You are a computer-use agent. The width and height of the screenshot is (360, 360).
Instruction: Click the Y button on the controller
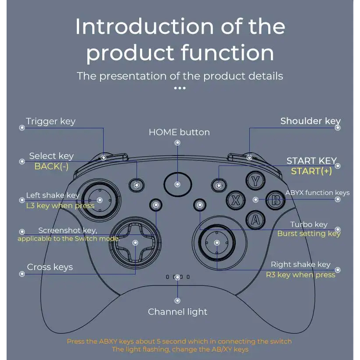(x=256, y=181)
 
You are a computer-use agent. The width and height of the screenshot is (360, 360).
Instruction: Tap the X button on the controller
(x=236, y=200)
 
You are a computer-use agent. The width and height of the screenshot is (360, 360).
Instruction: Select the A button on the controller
(x=256, y=220)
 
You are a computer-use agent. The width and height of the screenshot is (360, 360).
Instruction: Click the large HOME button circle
(x=178, y=184)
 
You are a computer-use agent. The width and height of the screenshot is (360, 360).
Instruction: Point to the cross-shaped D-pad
(x=135, y=243)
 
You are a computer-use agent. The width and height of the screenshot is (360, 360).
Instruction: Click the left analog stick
(x=100, y=200)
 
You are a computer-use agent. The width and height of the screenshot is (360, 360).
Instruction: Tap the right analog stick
(x=217, y=243)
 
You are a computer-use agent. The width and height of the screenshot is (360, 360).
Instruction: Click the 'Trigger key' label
(x=50, y=121)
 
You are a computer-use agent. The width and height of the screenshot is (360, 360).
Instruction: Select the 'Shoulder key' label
(x=310, y=121)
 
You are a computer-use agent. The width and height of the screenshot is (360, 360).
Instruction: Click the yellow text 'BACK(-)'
(x=51, y=166)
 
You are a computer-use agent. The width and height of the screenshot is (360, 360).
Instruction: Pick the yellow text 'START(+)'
(x=312, y=171)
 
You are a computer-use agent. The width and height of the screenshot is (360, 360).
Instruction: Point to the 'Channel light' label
(x=177, y=312)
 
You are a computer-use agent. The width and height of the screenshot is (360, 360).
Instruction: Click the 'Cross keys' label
(x=50, y=267)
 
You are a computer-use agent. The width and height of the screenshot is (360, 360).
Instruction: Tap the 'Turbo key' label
(x=309, y=224)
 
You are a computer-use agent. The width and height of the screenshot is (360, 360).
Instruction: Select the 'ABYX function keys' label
(x=317, y=193)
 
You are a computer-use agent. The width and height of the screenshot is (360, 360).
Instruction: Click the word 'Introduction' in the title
(x=144, y=26)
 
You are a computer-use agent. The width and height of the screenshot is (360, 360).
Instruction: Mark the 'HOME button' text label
(x=179, y=132)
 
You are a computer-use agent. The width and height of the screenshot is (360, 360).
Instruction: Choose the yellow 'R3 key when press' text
(x=301, y=275)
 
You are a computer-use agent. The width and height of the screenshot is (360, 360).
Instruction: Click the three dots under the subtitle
(x=180, y=88)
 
